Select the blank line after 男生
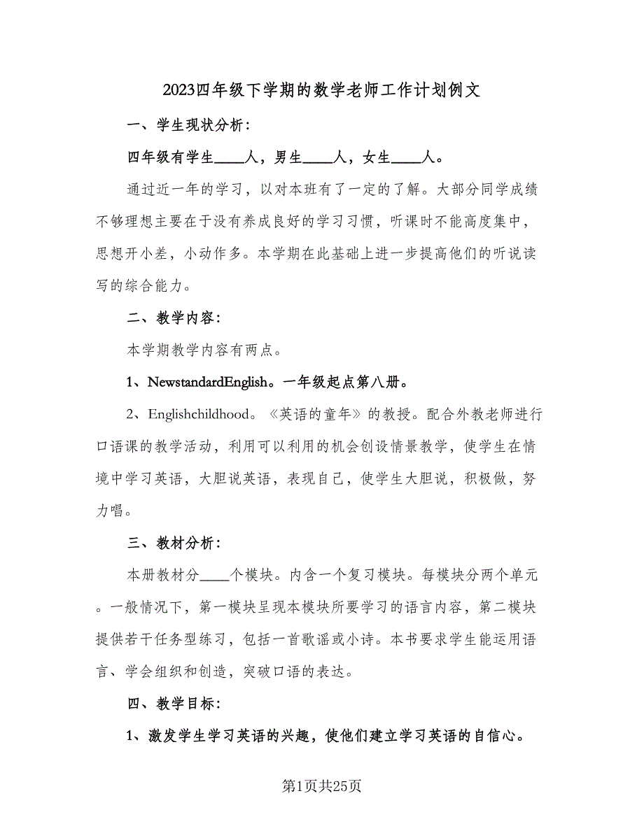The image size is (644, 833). coord(318,158)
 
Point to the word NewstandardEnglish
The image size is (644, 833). coord(208,382)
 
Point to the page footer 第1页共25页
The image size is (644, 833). coord(322,786)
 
